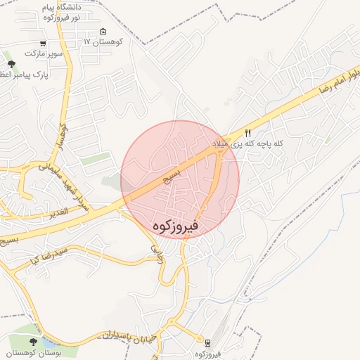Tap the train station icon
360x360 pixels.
point(208,342)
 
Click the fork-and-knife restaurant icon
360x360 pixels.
point(247,133)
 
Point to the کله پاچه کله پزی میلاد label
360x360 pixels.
point(249,143)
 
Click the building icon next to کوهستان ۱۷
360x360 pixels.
point(103,32)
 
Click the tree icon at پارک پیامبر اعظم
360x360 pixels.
point(11,65)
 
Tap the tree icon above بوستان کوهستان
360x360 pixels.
point(33,341)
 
